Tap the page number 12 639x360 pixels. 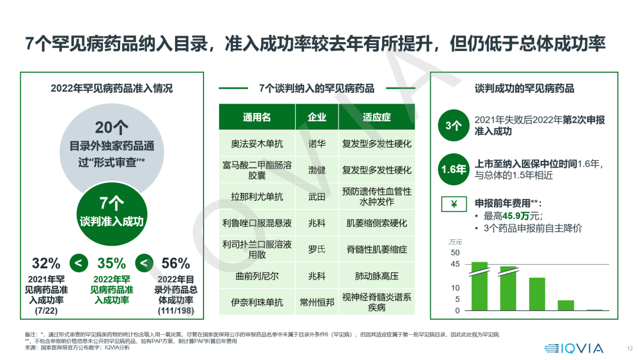[630, 349]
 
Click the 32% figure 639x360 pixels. [46, 263]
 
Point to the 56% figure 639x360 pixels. [176, 263]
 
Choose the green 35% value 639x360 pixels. [111, 263]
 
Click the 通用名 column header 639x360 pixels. [257, 117]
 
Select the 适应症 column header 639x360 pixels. [376, 117]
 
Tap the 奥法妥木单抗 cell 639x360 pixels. [257, 144]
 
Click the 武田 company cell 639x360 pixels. [317, 197]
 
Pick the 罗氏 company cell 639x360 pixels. [317, 249]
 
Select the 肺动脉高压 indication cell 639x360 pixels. [376, 276]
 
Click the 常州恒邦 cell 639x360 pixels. [317, 302]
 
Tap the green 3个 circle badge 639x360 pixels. [453, 126]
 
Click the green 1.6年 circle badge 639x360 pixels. [453, 169]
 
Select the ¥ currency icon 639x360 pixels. [454, 205]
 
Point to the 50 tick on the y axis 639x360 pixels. [455, 253]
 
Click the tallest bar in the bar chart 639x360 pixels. [479, 286]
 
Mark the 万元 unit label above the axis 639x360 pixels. [455, 242]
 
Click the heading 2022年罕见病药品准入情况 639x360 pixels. [112, 89]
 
